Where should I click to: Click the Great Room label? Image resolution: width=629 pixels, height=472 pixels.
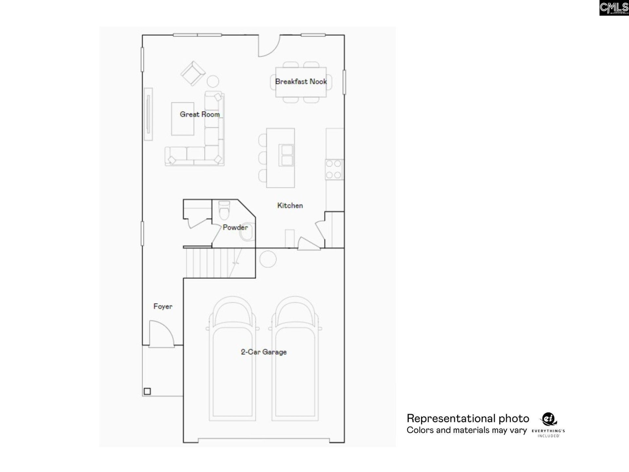(200, 114)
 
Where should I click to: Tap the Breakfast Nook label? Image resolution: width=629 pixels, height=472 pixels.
(301, 82)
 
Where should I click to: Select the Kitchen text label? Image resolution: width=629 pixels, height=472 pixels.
(290, 206)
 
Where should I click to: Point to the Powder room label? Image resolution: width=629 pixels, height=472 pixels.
(235, 227)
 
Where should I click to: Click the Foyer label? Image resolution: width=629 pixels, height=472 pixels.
(163, 306)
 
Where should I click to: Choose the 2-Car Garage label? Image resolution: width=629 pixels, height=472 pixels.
(264, 352)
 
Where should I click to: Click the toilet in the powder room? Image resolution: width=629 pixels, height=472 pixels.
(224, 210)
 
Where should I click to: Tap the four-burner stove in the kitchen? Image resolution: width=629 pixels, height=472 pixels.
(334, 169)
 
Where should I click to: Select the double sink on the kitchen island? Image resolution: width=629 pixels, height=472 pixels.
(286, 155)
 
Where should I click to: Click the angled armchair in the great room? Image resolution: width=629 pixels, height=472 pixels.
(193, 73)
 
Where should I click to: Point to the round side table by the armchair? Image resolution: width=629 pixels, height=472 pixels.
(213, 81)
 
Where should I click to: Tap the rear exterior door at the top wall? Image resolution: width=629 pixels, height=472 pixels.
(269, 46)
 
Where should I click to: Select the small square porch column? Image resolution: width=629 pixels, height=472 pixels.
(147, 391)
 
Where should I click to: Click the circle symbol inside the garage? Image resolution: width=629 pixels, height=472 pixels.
(268, 259)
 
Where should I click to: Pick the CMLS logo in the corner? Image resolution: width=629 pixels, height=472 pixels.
(614, 8)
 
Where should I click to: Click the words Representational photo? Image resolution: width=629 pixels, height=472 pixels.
(467, 419)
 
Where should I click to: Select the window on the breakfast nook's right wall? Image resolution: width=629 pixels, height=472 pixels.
(344, 82)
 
